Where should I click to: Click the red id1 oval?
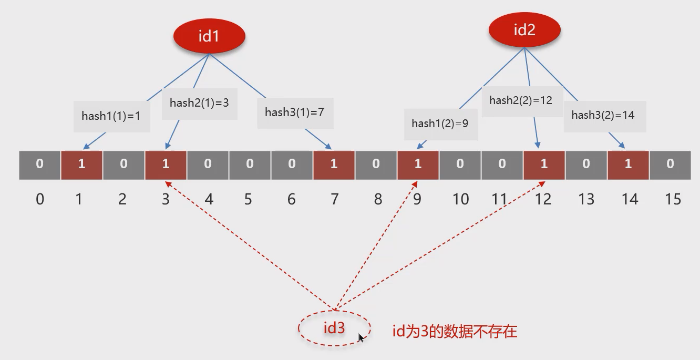tap(209, 36)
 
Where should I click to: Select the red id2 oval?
tap(524, 30)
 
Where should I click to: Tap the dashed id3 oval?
tap(334, 328)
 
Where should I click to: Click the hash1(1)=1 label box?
tap(111, 116)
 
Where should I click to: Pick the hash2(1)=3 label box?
tap(199, 103)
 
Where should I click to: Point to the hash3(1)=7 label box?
tap(295, 112)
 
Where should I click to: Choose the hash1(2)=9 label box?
tap(440, 124)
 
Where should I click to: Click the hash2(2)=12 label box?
tap(521, 100)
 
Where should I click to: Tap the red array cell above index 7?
tap(334, 164)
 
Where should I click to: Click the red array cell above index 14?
tap(628, 164)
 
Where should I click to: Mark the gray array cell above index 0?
tap(40, 164)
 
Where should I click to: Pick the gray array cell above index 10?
tap(460, 164)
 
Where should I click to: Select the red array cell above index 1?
tap(81, 164)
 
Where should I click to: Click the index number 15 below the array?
tap(673, 200)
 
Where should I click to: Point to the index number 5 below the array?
tap(248, 200)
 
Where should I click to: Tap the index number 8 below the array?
tap(378, 200)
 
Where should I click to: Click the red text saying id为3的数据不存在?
tap(455, 331)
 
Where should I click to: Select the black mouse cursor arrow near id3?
tap(362, 338)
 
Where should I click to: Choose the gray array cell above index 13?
tap(586, 164)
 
